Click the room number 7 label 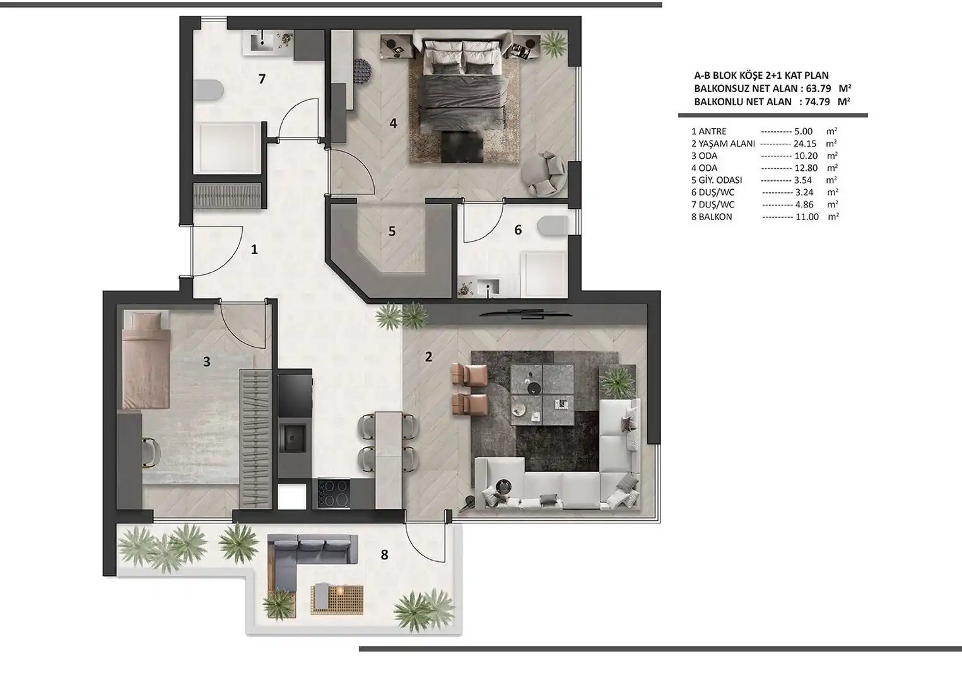click(x=262, y=79)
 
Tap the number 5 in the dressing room click(x=392, y=231)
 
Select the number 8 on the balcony click(x=384, y=555)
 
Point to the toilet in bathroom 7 click(x=208, y=91)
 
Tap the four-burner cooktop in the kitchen click(x=333, y=494)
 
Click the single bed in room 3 click(x=146, y=360)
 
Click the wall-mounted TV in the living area click(x=526, y=315)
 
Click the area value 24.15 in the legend click(x=805, y=144)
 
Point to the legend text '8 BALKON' click(x=712, y=217)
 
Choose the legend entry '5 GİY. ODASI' click(x=717, y=180)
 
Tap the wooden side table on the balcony click(x=337, y=599)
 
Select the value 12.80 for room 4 click(x=806, y=168)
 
